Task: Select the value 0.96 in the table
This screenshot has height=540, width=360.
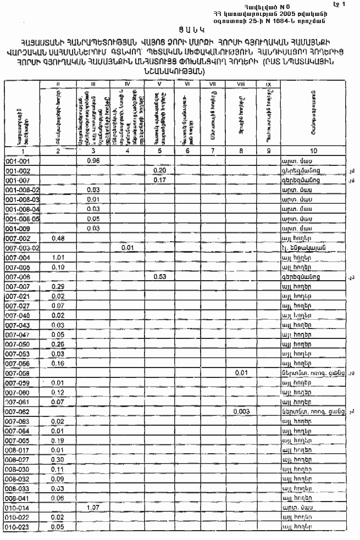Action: [93, 162]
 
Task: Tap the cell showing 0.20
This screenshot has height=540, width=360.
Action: [160, 171]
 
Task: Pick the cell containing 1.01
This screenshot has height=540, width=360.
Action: [58, 257]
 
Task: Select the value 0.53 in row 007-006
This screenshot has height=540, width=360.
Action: [160, 277]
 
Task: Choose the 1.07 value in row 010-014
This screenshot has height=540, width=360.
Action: [93, 508]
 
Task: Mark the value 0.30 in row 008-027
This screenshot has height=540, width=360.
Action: [58, 459]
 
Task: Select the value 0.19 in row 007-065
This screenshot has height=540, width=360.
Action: [58, 441]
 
